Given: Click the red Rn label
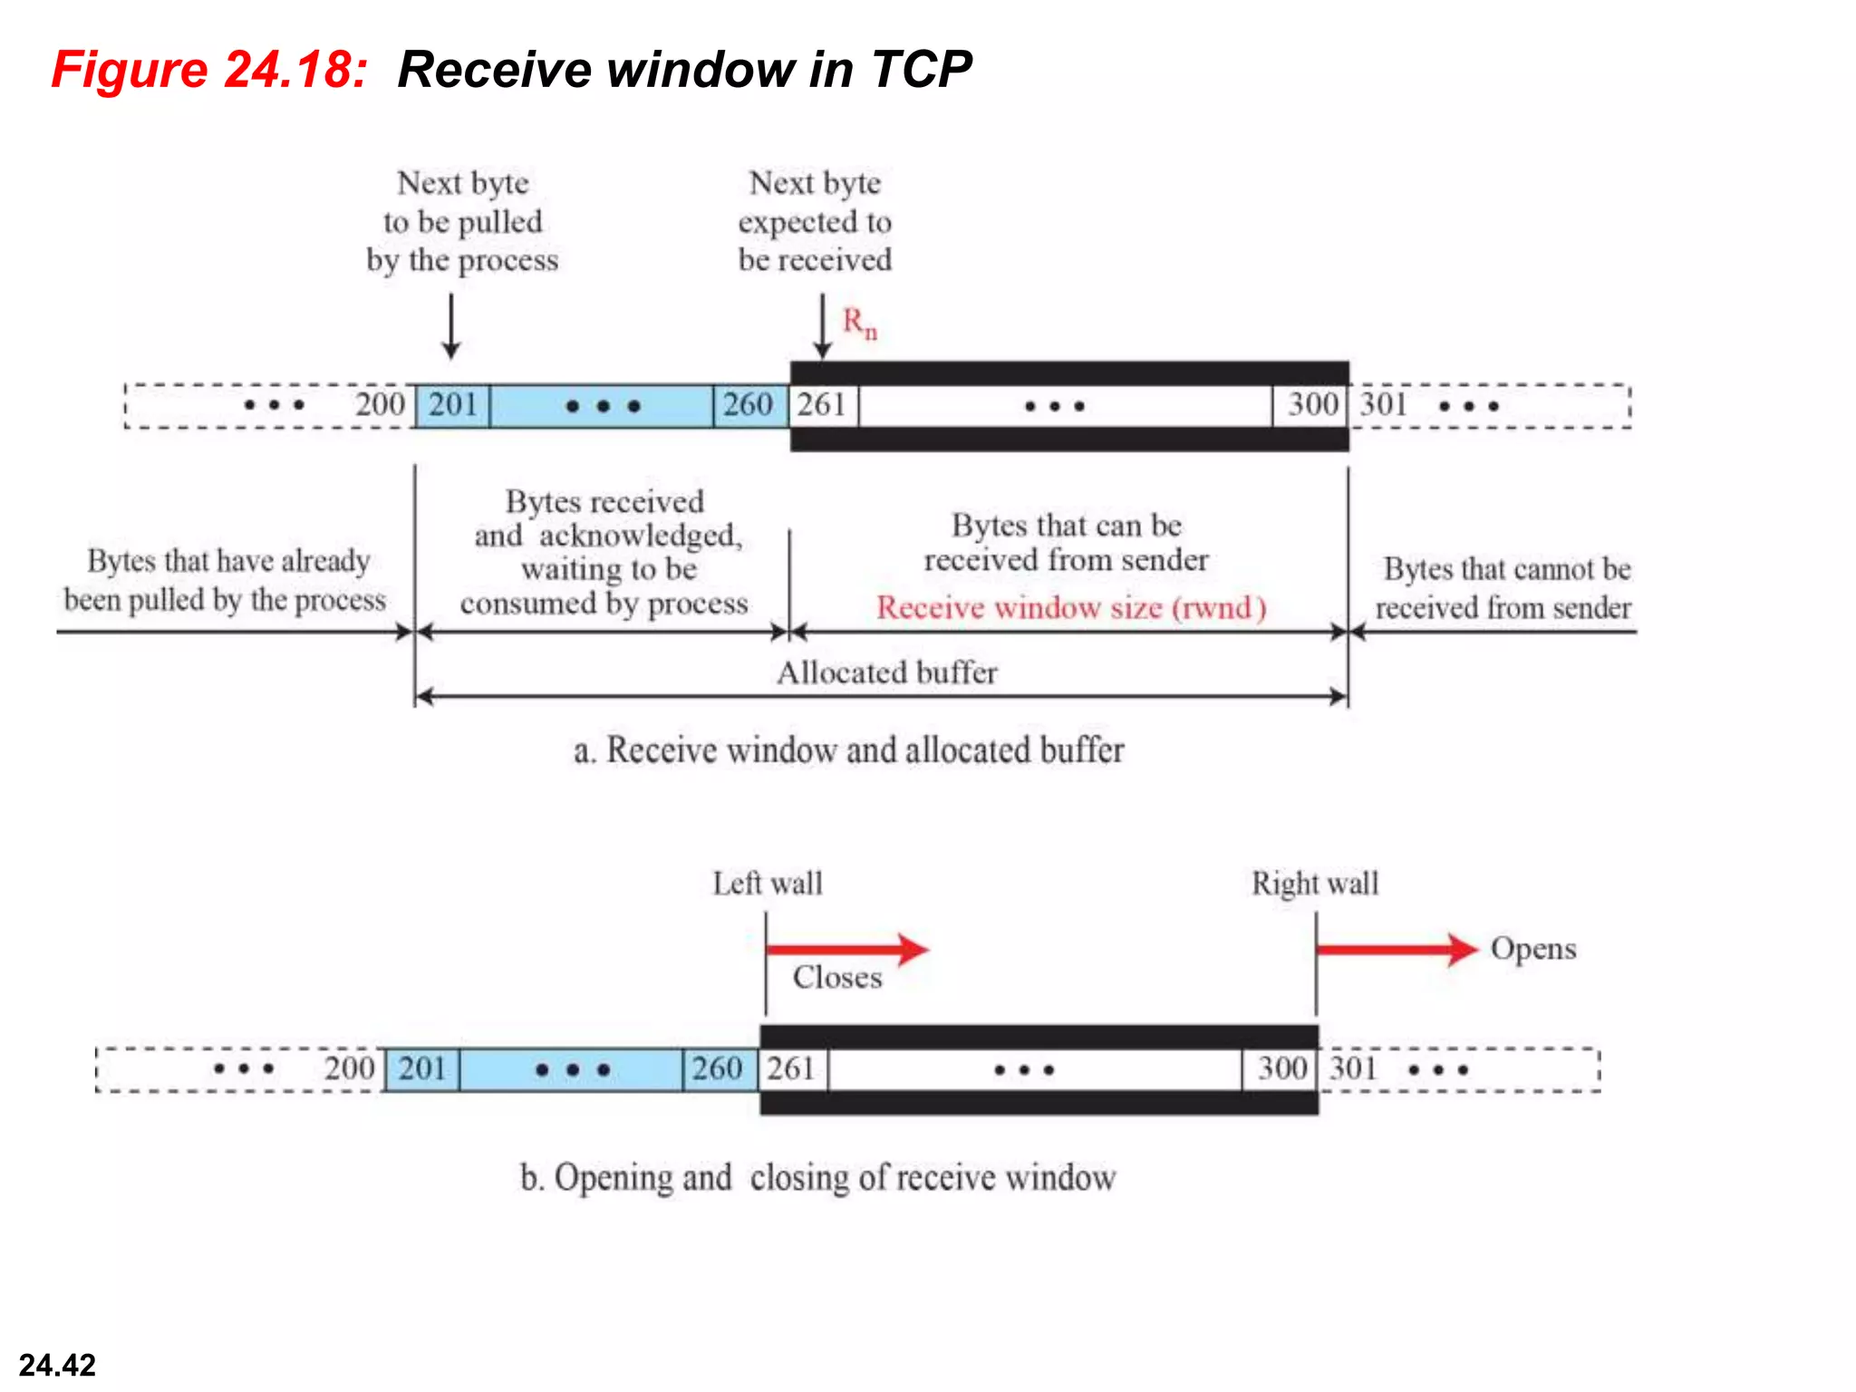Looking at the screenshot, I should pos(859,323).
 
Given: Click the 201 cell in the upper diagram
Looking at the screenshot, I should pos(452,404).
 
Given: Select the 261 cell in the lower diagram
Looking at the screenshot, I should pos(792,1068).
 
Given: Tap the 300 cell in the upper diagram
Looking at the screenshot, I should pos(1311,404).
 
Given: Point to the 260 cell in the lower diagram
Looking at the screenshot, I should pos(718,1068).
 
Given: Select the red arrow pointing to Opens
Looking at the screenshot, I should pos(1396,949).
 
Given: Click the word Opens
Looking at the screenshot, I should pos(1533,949).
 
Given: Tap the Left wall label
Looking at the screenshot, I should pos(767,883).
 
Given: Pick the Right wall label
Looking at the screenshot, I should pos(1314,883).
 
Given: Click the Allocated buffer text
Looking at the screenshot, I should pos(886,672).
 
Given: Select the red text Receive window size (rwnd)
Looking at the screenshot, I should pos(1070,607).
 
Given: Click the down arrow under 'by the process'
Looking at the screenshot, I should pos(450,326).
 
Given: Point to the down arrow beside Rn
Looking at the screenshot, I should pos(822,326).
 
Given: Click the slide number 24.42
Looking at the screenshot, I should pos(57,1365).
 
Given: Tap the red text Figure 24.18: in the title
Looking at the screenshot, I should pos(209,70).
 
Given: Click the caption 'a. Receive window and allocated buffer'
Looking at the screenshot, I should pos(848,750).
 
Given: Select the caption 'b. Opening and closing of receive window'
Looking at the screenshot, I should pos(817,1177).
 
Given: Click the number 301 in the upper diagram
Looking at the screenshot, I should pos(1383,404).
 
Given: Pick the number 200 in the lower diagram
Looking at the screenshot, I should pos(350,1068).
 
